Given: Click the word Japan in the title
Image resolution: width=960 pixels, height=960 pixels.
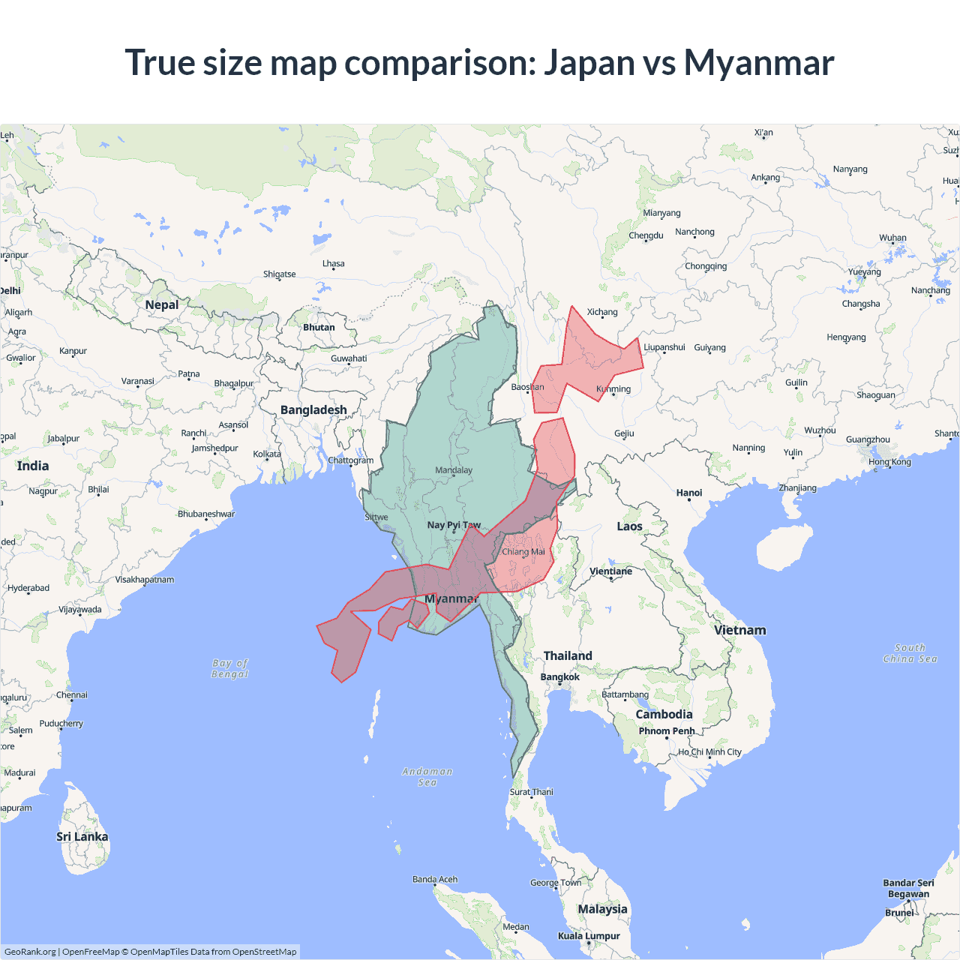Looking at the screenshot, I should [589, 63].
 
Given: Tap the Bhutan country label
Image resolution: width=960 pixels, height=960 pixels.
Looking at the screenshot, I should [319, 327].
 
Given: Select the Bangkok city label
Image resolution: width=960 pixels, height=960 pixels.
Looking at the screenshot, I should [559, 677].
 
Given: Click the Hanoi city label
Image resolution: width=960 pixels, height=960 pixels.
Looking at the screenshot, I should [688, 493].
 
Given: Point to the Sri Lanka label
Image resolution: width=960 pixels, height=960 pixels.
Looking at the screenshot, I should [82, 836].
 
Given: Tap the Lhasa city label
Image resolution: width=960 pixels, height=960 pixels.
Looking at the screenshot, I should [334, 264].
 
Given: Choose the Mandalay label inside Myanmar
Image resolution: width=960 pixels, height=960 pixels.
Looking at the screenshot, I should [454, 470].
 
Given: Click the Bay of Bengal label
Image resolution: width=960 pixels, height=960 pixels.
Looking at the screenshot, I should [230, 668].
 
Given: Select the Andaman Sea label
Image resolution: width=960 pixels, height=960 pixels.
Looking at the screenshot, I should [427, 776].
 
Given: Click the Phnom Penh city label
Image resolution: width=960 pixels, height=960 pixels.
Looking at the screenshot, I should [667, 730].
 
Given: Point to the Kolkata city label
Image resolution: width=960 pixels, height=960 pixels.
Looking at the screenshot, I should [267, 454].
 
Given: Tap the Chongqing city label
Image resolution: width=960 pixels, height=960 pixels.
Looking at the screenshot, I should [706, 266].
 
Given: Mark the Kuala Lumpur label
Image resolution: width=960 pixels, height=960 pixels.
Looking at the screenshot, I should [589, 936].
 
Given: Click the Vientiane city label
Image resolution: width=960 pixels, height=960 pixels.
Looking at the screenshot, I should [610, 571].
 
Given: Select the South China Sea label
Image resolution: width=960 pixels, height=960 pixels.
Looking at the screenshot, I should [910, 653].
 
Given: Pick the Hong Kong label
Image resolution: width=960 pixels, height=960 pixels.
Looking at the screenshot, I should [889, 462].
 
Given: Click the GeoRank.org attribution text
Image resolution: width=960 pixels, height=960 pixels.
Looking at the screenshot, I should [30, 952].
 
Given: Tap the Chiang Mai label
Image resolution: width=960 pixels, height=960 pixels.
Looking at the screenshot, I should [523, 552].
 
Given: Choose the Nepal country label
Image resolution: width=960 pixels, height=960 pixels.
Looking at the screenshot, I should [162, 304].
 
